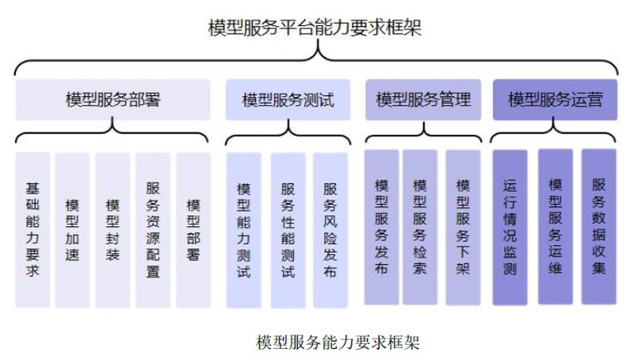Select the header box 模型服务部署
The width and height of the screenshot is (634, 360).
(113, 100)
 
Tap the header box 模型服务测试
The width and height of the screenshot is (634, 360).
(288, 101)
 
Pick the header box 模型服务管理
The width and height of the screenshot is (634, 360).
(423, 100)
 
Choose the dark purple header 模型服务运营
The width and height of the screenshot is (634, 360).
(555, 100)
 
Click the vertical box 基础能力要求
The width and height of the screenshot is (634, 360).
(32, 230)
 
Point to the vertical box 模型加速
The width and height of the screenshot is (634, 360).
(72, 230)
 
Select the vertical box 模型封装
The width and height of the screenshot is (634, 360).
(113, 230)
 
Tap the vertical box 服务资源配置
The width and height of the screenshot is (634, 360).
(153, 230)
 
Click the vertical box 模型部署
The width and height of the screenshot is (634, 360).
(193, 230)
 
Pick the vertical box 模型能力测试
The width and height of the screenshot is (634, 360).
(244, 230)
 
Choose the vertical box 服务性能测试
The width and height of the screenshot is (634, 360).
(288, 230)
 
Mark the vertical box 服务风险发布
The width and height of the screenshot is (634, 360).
(330, 230)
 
